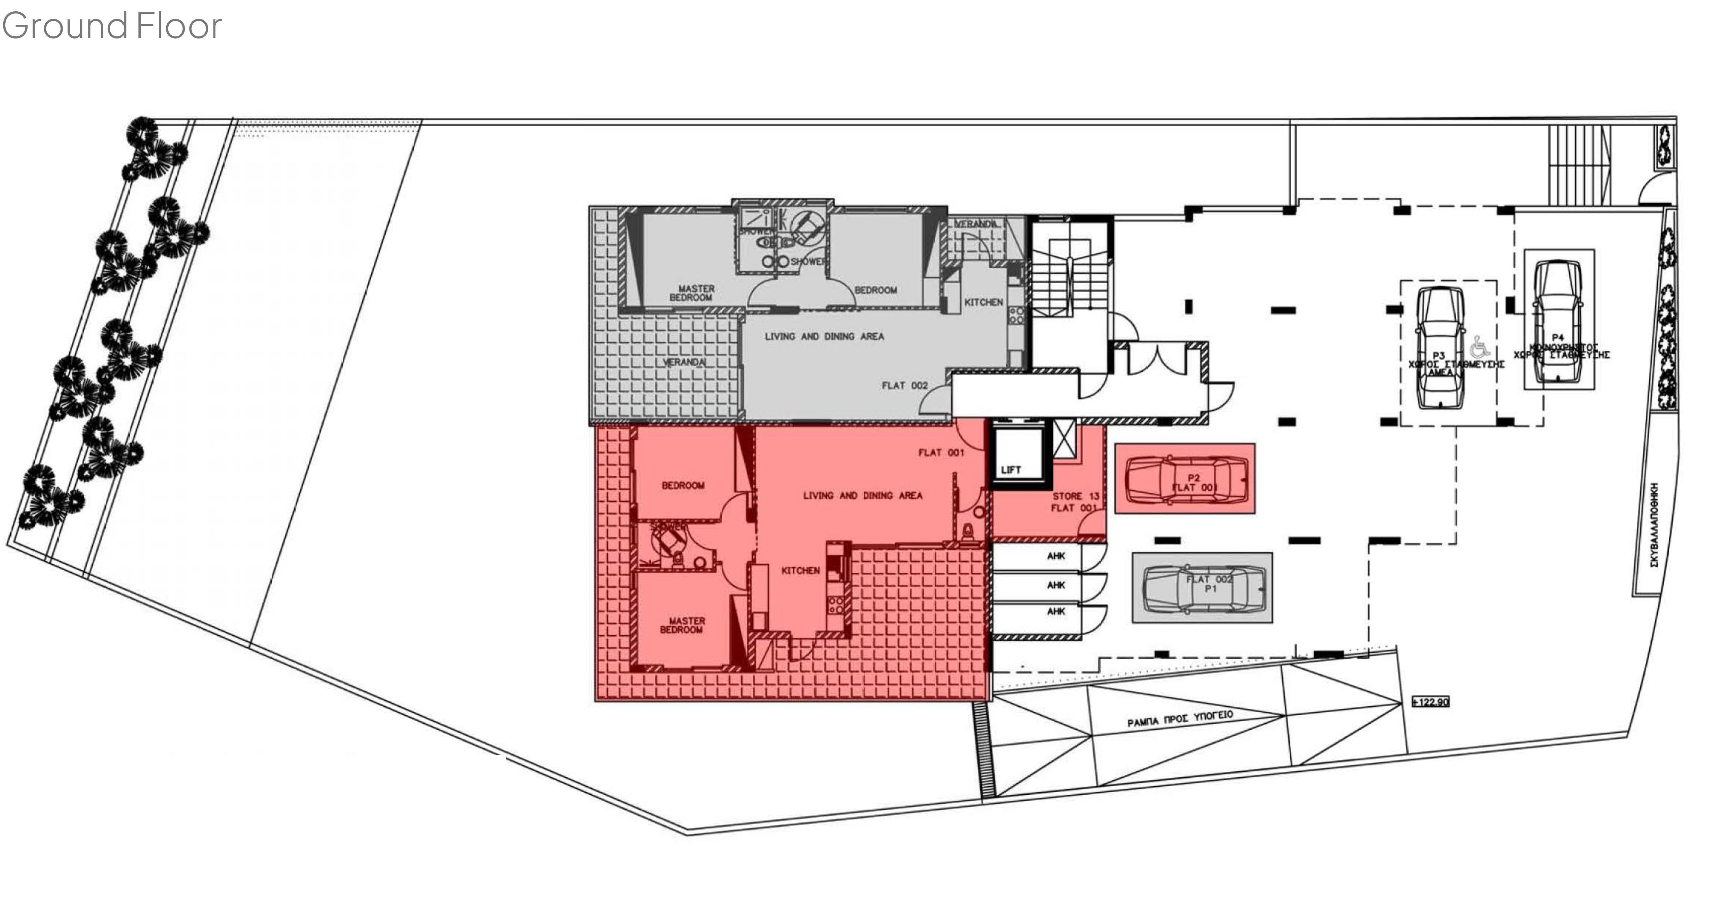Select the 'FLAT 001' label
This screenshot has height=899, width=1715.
[x=941, y=453]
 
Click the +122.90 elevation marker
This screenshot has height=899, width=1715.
[x=1430, y=702]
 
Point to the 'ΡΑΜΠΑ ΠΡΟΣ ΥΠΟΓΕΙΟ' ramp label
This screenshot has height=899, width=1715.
[x=1180, y=719]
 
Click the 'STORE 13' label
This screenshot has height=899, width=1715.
[x=1075, y=496]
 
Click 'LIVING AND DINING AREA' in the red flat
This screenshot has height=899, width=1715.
[x=862, y=495]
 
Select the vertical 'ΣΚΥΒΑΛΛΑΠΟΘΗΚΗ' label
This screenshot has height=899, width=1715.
[x=1654, y=526]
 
